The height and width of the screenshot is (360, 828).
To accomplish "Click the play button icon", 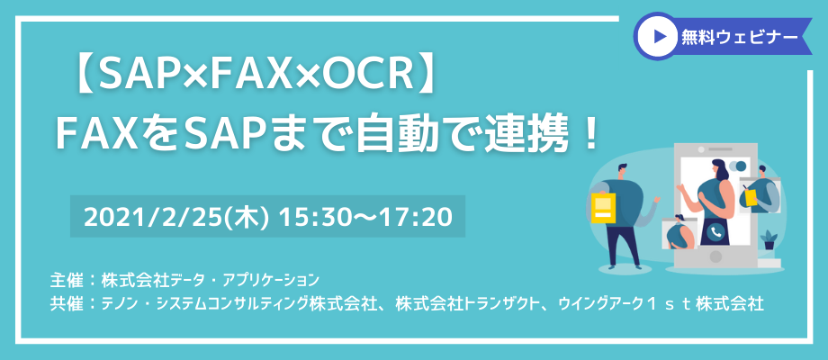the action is (x=658, y=36).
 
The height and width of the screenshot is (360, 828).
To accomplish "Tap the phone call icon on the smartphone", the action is (x=715, y=231).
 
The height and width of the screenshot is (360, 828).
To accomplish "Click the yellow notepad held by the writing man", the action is (x=750, y=196).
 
